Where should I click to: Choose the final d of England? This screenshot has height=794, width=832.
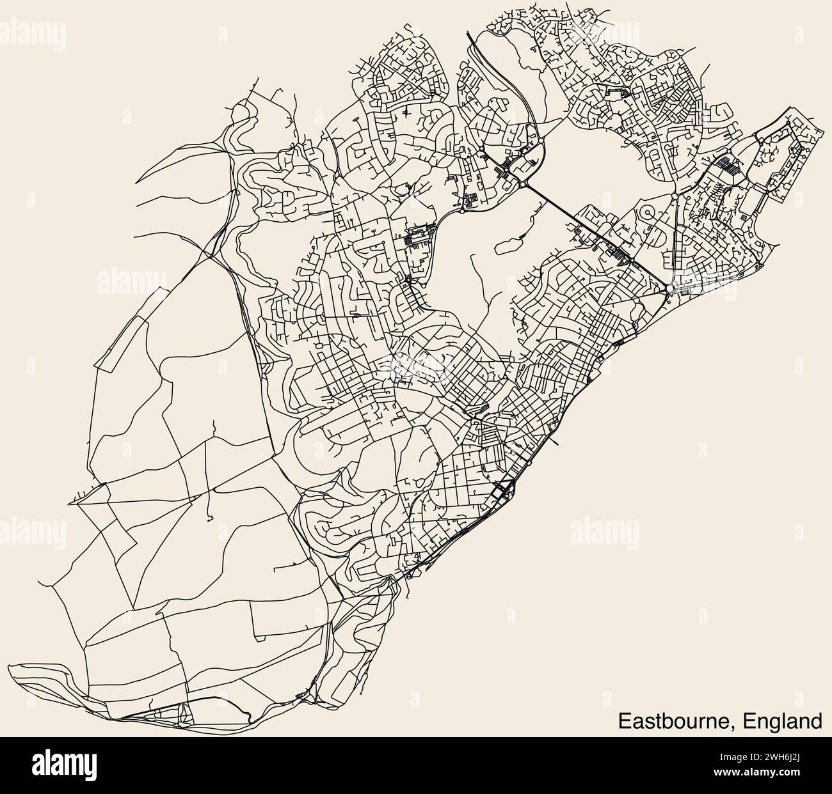[817, 720]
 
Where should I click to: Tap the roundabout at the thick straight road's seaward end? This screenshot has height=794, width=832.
[669, 289]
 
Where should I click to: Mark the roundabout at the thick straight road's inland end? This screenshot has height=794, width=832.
[524, 183]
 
